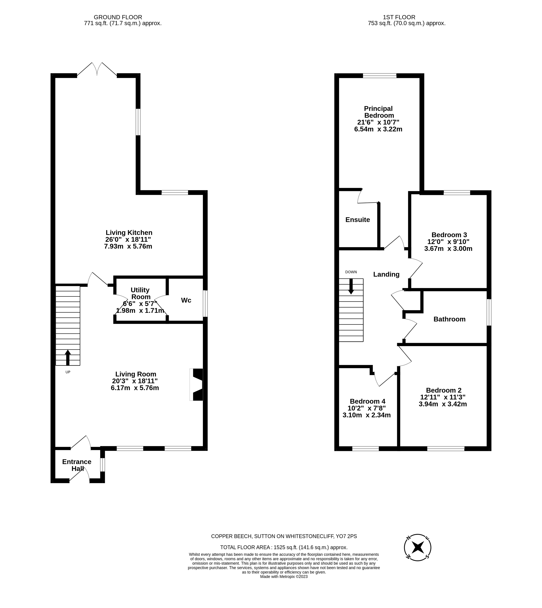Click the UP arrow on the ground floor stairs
[68, 357]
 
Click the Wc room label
[186, 300]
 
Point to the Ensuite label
[358, 220]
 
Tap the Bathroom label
[449, 319]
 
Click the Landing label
[386, 274]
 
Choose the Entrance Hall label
[77, 465]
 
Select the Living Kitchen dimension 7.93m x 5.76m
[128, 246]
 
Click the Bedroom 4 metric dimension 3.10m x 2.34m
[367, 415]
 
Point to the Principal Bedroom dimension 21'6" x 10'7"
[378, 122]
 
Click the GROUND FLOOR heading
[118, 17]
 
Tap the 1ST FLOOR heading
[399, 17]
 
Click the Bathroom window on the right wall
[489, 312]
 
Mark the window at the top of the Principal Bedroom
[380, 76]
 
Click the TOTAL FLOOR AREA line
[284, 547]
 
